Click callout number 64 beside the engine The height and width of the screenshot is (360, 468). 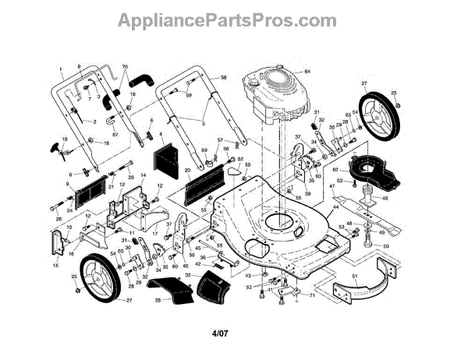[x=307, y=72]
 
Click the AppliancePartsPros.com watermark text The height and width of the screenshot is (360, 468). [x=233, y=18]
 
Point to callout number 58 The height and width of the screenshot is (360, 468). [x=224, y=78]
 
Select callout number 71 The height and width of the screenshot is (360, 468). [x=311, y=297]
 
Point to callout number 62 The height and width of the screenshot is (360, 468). [x=335, y=169]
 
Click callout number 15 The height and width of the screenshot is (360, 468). [x=55, y=266]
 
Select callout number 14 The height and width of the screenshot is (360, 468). [x=143, y=177]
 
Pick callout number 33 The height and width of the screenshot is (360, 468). [x=186, y=274]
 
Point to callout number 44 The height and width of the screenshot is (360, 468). [x=336, y=209]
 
